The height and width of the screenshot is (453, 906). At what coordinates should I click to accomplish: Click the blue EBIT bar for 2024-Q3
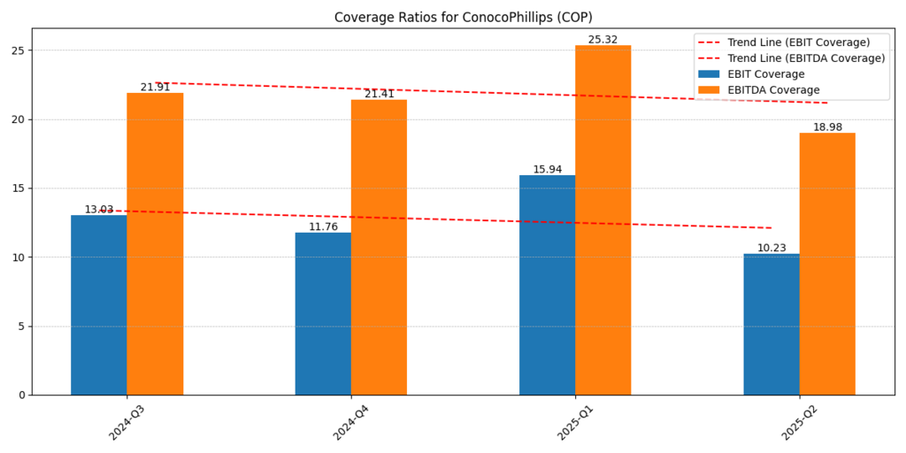pyautogui.click(x=99, y=305)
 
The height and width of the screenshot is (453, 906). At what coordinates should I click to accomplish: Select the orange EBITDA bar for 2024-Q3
pyautogui.click(x=155, y=243)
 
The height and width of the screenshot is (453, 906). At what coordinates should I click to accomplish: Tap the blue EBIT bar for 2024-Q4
pyautogui.click(x=323, y=314)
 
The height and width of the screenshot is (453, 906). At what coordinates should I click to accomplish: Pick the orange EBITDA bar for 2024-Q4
pyautogui.click(x=379, y=247)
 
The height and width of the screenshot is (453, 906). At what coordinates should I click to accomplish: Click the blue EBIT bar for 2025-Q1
pyautogui.click(x=547, y=285)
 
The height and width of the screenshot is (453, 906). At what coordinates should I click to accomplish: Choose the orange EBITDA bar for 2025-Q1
pyautogui.click(x=603, y=220)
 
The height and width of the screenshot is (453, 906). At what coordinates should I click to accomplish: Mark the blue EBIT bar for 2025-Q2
pyautogui.click(x=772, y=324)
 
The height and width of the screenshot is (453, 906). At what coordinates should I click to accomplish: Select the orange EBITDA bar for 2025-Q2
pyautogui.click(x=827, y=264)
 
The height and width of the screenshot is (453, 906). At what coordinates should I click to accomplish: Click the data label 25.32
pyautogui.click(x=603, y=40)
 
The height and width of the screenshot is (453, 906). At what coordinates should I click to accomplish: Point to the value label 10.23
pyautogui.click(x=772, y=248)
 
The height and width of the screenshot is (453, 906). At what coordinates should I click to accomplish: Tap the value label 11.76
pyautogui.click(x=323, y=226)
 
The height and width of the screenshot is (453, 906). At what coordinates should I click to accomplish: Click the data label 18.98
pyautogui.click(x=827, y=127)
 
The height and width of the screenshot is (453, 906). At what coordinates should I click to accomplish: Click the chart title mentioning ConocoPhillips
pyautogui.click(x=463, y=18)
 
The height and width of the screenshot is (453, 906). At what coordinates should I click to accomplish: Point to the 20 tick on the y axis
pyautogui.click(x=19, y=119)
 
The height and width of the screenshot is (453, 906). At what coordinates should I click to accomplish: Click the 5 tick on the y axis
pyautogui.click(x=22, y=326)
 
